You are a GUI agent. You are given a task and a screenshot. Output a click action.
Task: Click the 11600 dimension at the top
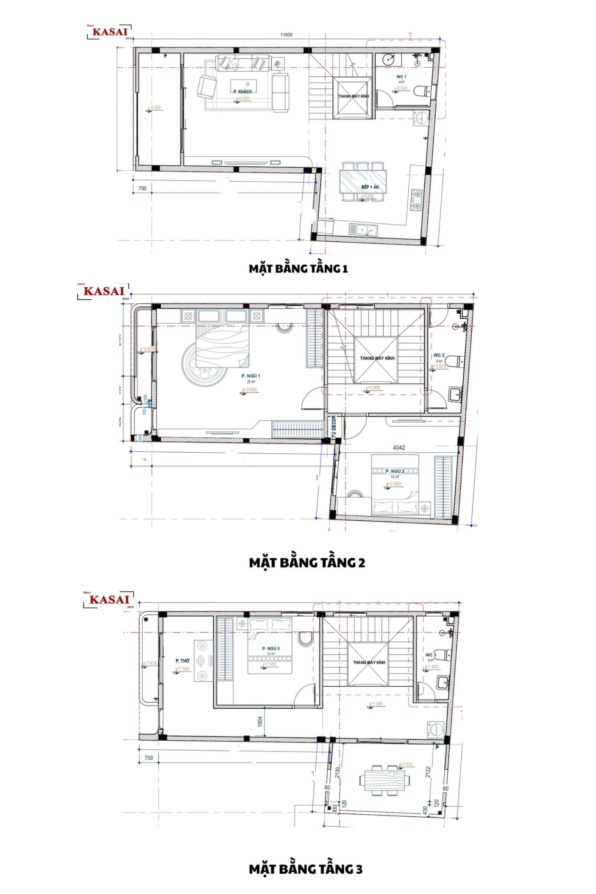(x=286, y=35)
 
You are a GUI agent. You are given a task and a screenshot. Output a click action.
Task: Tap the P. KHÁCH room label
(x=243, y=92)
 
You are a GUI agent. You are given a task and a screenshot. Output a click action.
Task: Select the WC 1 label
(x=402, y=77)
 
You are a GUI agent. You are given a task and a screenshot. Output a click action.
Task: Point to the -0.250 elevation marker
(x=155, y=108)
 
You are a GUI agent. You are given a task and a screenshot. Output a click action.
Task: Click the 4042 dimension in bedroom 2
(x=399, y=447)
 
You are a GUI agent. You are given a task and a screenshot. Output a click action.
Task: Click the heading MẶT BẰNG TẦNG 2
(x=307, y=563)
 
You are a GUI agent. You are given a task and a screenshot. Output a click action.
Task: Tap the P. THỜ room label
(x=183, y=661)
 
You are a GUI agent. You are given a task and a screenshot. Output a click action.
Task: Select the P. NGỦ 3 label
(x=271, y=648)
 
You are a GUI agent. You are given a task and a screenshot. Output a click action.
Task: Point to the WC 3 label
(x=431, y=655)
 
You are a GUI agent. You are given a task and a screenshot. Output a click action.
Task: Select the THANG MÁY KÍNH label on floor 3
(x=369, y=662)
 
